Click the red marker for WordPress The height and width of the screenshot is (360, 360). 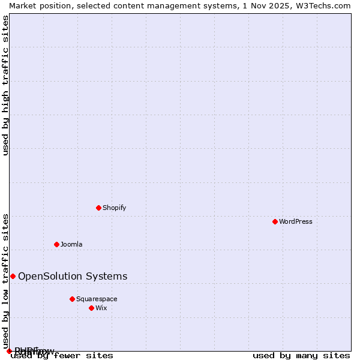pos(275,221)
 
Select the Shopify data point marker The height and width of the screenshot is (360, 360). pos(98,208)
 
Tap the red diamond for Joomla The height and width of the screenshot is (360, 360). pos(56,244)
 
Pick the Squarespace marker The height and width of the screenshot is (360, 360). pos(72,299)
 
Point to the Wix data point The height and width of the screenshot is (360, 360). pos(91,308)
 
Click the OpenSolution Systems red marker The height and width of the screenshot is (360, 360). pos(13,276)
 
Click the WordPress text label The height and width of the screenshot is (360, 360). pos(296,221)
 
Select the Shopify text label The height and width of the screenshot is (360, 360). pos(114,208)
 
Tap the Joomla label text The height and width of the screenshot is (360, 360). pos(71,244)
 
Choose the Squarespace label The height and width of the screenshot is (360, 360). pos(97,299)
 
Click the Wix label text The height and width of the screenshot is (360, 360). pos(101,308)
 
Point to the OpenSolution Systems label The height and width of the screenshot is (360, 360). pos(73,276)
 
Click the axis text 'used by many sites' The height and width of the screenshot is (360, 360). pos(301,356)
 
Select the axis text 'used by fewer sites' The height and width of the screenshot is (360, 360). pos(62,356)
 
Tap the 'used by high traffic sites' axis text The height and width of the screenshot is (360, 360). pos(5,85)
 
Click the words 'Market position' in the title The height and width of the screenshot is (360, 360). pos(37,5)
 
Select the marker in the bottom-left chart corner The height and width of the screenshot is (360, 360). pos(9,351)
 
